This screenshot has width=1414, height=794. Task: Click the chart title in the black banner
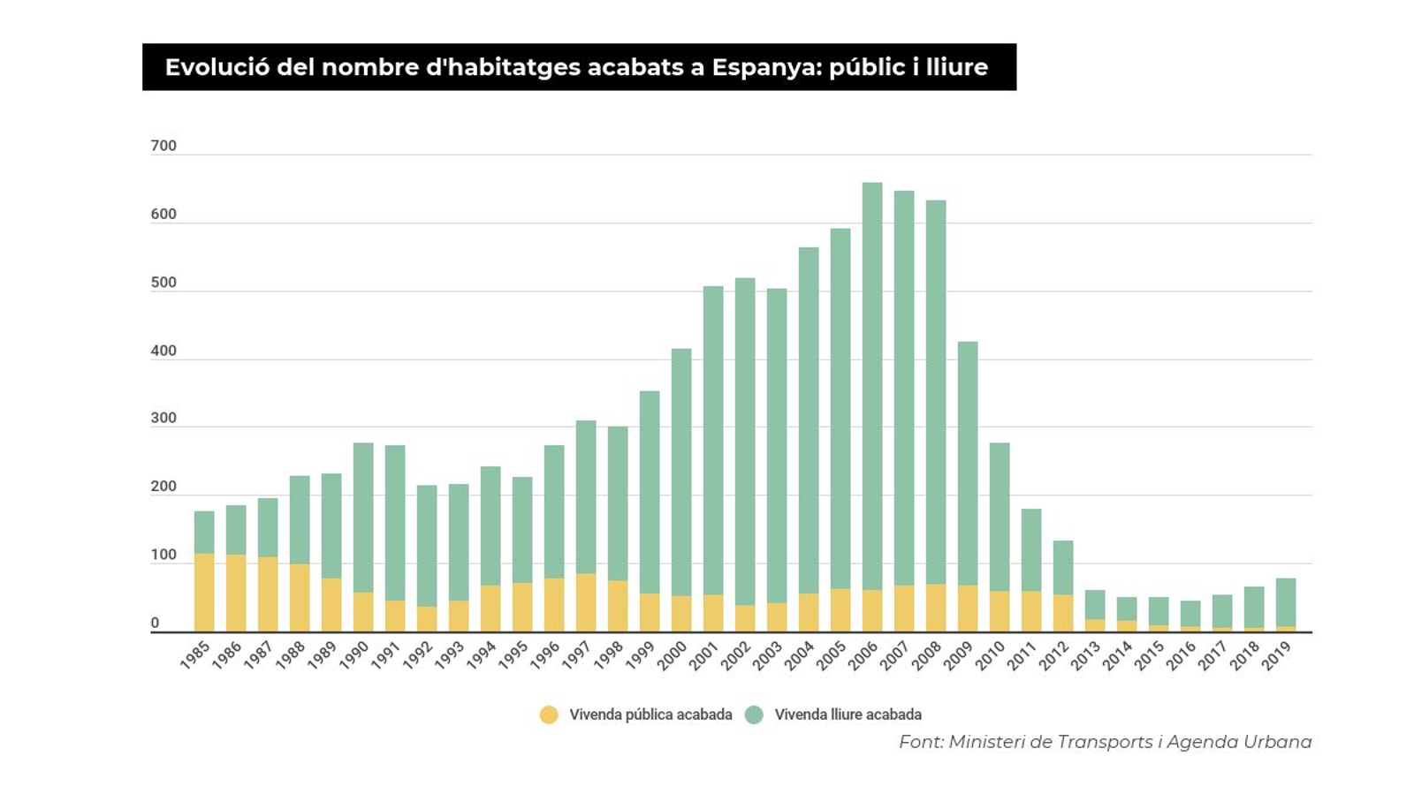pos(576,67)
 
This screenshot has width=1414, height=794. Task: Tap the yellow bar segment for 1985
pos(204,592)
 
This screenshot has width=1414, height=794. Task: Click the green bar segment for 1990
pos(363,517)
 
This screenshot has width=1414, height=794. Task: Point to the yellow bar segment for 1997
pos(586,602)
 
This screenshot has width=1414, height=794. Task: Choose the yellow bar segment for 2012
pos(1063,613)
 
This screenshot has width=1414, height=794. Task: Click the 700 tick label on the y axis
pos(163,146)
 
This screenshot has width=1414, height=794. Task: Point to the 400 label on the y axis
pos(163,351)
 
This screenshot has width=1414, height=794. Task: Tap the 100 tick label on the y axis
pos(163,556)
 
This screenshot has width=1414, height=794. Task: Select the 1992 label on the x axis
pos(419,654)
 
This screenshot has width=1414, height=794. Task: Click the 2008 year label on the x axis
pos(928,654)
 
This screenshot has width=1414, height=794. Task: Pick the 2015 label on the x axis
pos(1151,654)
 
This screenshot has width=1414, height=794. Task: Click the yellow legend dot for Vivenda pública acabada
pos(549,715)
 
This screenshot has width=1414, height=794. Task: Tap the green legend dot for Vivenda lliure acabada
pos(754,715)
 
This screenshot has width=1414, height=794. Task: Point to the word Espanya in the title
pos(765,67)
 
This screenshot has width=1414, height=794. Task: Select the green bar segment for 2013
pos(1095,604)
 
